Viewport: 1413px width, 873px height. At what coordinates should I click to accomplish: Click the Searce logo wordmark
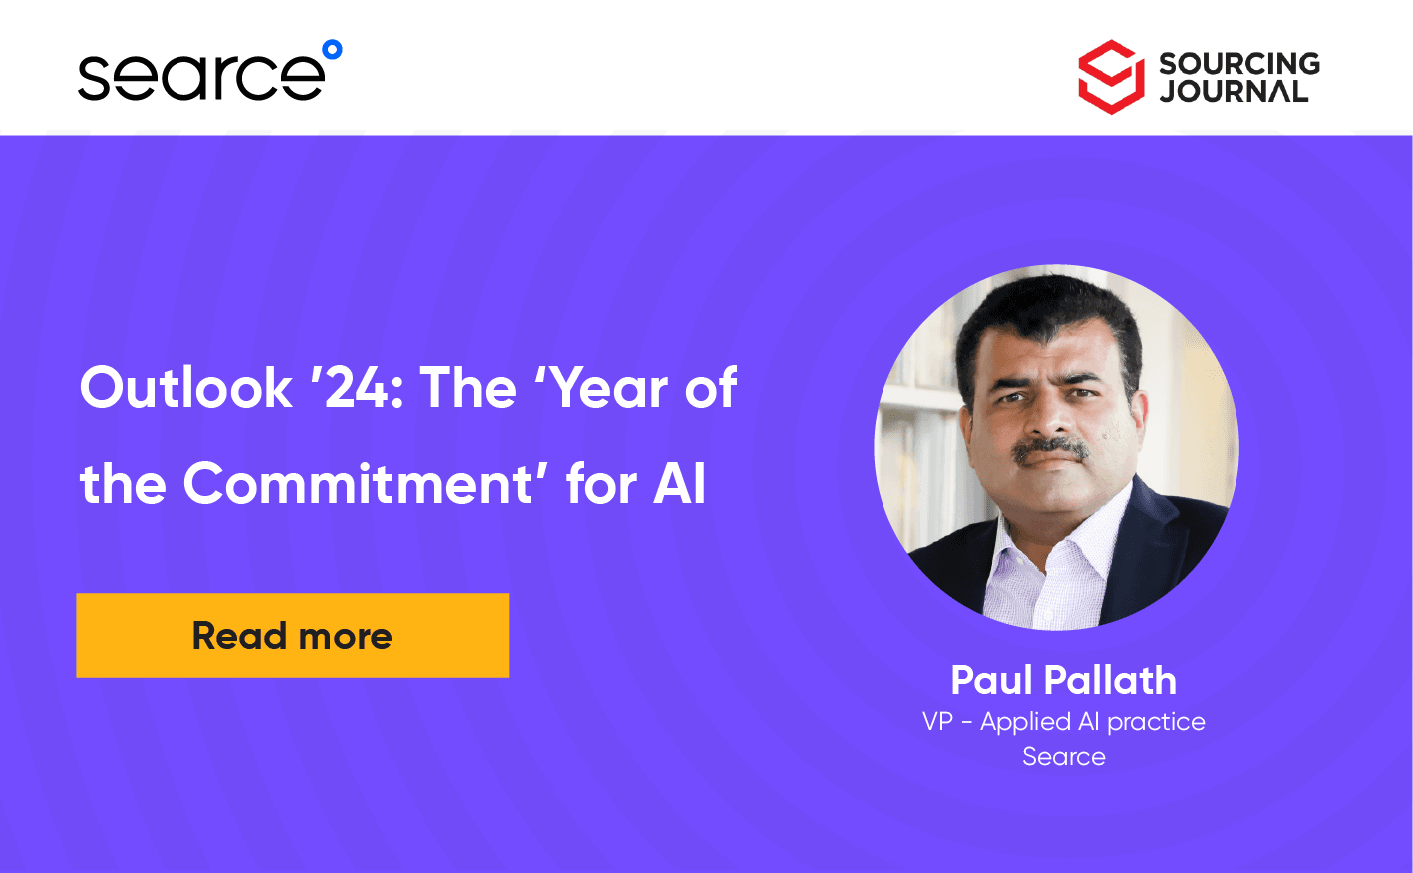[x=200, y=76]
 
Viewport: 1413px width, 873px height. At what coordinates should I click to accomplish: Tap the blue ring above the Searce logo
[x=333, y=49]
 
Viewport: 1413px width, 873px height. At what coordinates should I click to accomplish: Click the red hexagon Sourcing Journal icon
[x=1110, y=77]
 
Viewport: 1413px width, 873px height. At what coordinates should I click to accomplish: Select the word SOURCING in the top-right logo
[x=1238, y=63]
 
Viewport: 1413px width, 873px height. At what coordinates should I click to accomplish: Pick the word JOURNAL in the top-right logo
[x=1234, y=92]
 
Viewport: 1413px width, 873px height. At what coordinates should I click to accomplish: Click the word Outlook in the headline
[x=186, y=387]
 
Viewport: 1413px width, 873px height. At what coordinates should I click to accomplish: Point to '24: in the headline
[x=357, y=387]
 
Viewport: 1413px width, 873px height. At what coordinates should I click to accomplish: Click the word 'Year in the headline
[x=600, y=387]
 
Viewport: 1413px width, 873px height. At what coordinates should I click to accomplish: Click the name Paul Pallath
[x=1063, y=680]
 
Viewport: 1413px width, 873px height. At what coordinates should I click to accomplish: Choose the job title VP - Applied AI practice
[x=1063, y=721]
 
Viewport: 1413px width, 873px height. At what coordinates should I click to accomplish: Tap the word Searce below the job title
[x=1063, y=756]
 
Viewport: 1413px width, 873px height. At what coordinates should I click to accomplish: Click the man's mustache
[x=1050, y=450]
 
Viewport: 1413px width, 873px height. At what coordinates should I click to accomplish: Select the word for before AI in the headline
[x=601, y=484]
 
